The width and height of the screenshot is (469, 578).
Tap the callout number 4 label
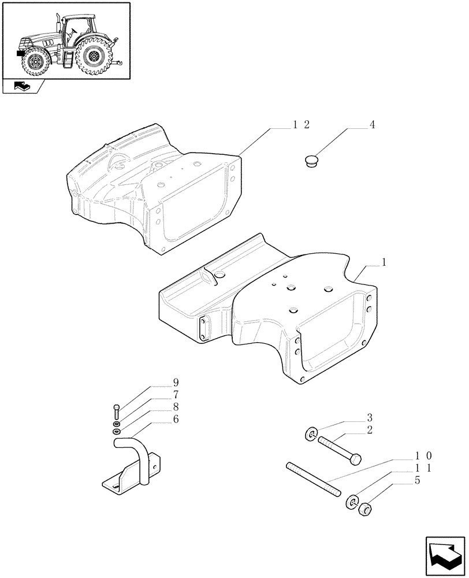[x=371, y=125]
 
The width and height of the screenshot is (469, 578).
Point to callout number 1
[x=384, y=262]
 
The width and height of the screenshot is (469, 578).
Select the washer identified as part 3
[x=310, y=434]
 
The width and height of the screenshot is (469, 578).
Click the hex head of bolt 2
[x=356, y=459]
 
